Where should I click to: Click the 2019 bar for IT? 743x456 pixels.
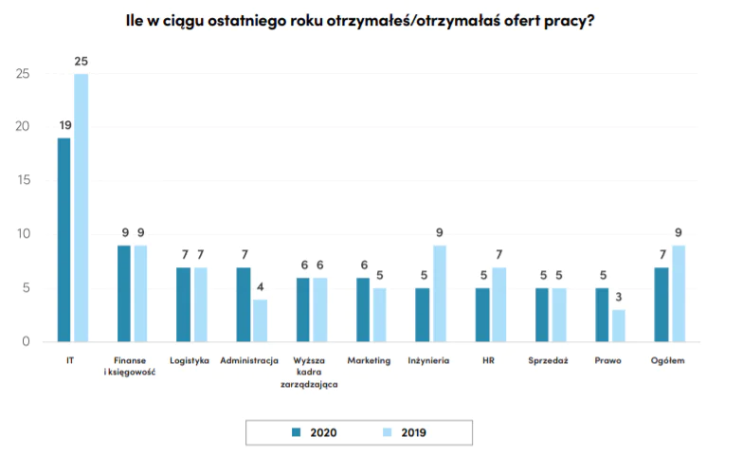click(81, 208)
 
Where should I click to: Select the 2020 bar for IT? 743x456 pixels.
click(63, 240)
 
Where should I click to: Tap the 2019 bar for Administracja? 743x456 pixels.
click(260, 320)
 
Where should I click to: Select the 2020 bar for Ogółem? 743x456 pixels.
click(661, 304)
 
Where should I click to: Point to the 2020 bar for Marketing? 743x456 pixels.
click(362, 309)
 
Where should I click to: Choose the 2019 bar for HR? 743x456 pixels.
click(498, 304)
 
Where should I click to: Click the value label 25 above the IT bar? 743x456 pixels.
click(81, 62)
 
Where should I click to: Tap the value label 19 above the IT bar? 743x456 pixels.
click(64, 125)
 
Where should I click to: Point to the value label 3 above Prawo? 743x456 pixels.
click(618, 297)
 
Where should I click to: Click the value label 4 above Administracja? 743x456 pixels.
click(260, 286)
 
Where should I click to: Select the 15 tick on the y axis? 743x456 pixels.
click(24, 180)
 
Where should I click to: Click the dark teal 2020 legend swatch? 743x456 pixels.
click(296, 431)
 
